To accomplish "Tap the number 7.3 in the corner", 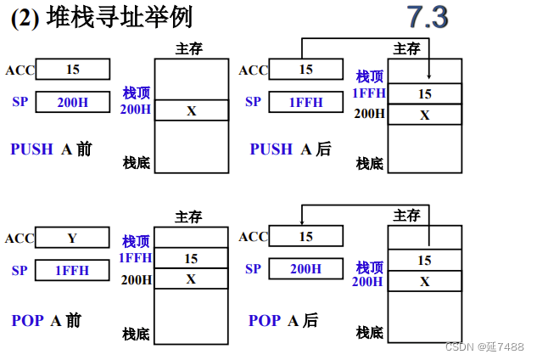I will [x=427, y=17].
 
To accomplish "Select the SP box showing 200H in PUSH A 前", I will [x=72, y=102].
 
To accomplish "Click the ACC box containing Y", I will [x=72, y=238].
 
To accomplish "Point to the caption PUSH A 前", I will [x=51, y=149].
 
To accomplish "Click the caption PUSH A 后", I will [x=290, y=149].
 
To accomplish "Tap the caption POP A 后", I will [x=283, y=320].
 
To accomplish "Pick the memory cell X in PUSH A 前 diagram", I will [x=191, y=110].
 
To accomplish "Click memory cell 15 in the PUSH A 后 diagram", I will [x=424, y=93].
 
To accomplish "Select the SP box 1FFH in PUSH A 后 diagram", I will [x=305, y=102].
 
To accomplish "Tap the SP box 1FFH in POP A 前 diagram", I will [x=72, y=271].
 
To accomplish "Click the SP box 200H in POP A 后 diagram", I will [x=305, y=269].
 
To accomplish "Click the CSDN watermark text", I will [x=484, y=346].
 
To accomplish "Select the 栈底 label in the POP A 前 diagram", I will [x=136, y=334].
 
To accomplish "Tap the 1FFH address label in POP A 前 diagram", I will [x=135, y=258].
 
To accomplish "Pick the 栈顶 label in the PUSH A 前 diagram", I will [x=136, y=92].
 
